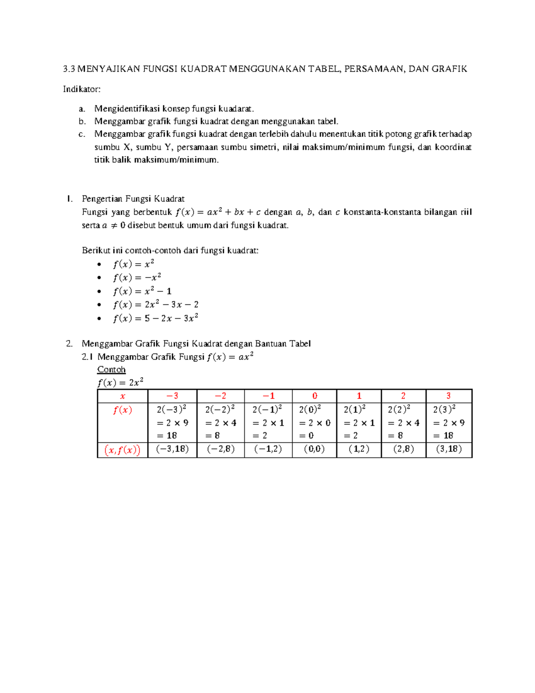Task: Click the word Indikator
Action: tap(82, 89)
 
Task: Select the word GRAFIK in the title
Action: tap(450, 69)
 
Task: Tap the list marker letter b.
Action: tap(82, 121)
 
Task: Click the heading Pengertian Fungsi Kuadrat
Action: tap(133, 199)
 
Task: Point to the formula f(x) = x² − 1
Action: tap(142, 291)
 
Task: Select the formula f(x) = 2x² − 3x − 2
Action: tap(156, 305)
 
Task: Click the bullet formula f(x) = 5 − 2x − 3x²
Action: tap(156, 319)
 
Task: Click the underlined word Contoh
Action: tap(111, 369)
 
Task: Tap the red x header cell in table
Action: tap(123, 396)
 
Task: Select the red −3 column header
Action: tap(172, 396)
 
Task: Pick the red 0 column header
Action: tap(315, 396)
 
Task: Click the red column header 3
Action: tap(449, 396)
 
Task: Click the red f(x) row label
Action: tap(123, 410)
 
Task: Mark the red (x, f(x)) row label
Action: tap(123, 450)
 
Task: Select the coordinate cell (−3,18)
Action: tap(172, 449)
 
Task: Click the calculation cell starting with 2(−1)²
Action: tap(268, 422)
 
